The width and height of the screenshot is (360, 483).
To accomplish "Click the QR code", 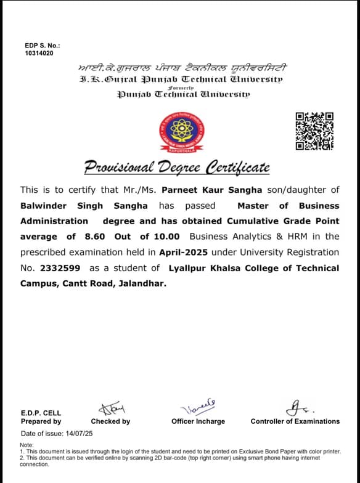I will pyautogui.click(x=314, y=131).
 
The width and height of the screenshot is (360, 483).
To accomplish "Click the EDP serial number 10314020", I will pyautogui.click(x=39, y=54).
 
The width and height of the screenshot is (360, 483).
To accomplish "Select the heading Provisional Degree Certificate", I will pyautogui.click(x=177, y=167).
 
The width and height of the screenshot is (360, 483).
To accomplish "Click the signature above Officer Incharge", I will pyautogui.click(x=197, y=407).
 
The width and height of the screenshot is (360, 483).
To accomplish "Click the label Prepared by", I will pyautogui.click(x=41, y=421).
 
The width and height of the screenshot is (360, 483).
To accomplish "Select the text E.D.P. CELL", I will pyautogui.click(x=41, y=413).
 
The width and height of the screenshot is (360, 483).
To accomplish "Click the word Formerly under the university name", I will pyautogui.click(x=181, y=87).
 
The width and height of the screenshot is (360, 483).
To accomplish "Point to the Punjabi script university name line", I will pyautogui.click(x=181, y=68).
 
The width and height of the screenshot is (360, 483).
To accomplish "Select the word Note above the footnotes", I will pyautogui.click(x=27, y=444).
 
